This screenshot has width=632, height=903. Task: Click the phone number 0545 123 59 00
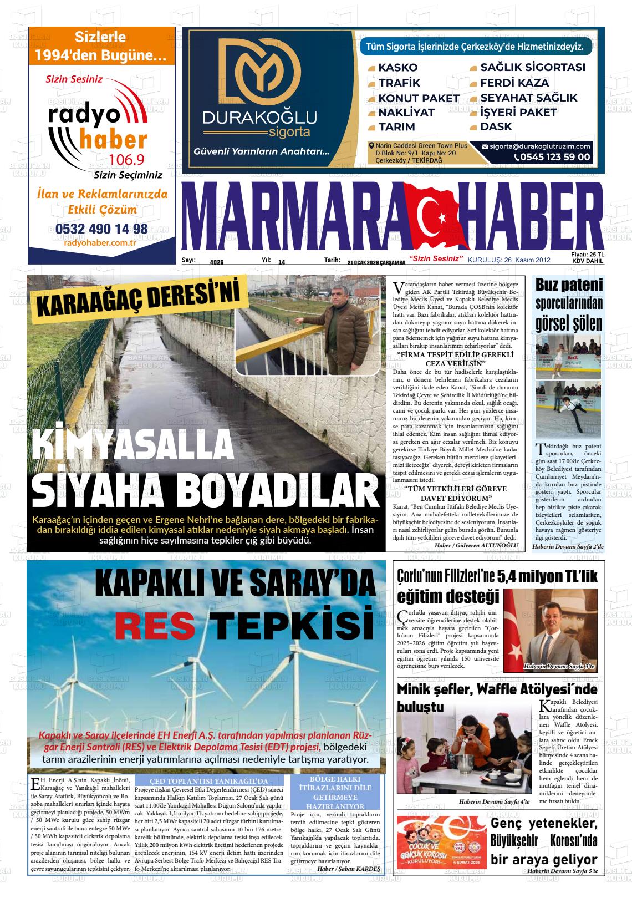coord(552,157)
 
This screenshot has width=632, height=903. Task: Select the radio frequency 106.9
coord(126,160)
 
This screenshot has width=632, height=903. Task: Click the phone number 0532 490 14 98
coord(101,229)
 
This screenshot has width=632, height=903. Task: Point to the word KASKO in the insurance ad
coord(397,68)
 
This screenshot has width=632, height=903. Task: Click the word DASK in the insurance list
coord(496,126)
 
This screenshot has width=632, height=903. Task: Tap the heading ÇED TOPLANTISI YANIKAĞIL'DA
coord(209,781)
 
